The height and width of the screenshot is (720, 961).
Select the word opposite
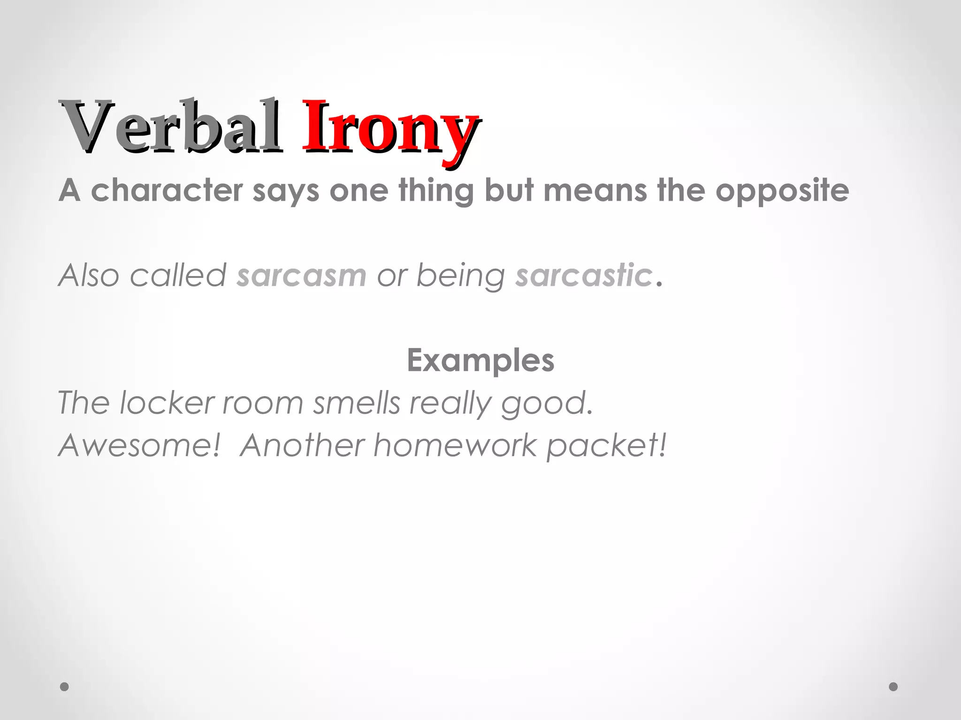(782, 191)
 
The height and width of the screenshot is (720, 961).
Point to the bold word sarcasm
(301, 275)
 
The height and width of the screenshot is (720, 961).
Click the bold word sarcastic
(584, 275)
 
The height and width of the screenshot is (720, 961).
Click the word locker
(167, 403)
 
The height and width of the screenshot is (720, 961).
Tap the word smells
(357, 403)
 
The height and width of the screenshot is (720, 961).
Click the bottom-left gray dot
(65, 687)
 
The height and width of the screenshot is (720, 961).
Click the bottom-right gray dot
(893, 687)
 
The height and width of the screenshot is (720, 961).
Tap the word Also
(89, 275)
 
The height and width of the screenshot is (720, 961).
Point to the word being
(460, 276)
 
